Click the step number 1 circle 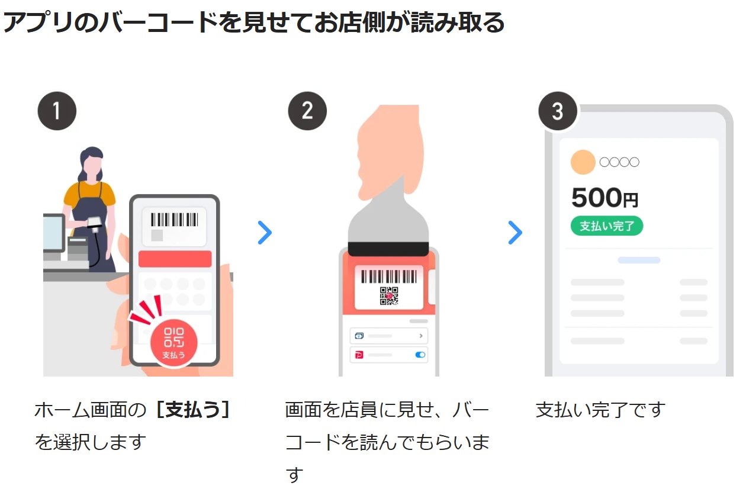[x=57, y=111]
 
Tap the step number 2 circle [x=307, y=111]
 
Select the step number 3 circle [x=557, y=111]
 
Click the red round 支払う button [x=173, y=343]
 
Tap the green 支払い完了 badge [x=606, y=226]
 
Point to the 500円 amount [x=604, y=198]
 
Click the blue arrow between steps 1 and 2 [x=265, y=233]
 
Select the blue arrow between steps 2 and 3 [x=515, y=233]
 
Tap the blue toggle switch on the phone [x=420, y=355]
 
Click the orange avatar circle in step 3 [x=583, y=162]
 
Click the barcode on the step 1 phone [x=174, y=220]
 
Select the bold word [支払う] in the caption [x=192, y=410]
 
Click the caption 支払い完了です [x=600, y=410]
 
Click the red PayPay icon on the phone [x=359, y=355]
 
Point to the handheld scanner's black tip [x=388, y=249]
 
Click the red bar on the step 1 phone [x=175, y=259]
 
